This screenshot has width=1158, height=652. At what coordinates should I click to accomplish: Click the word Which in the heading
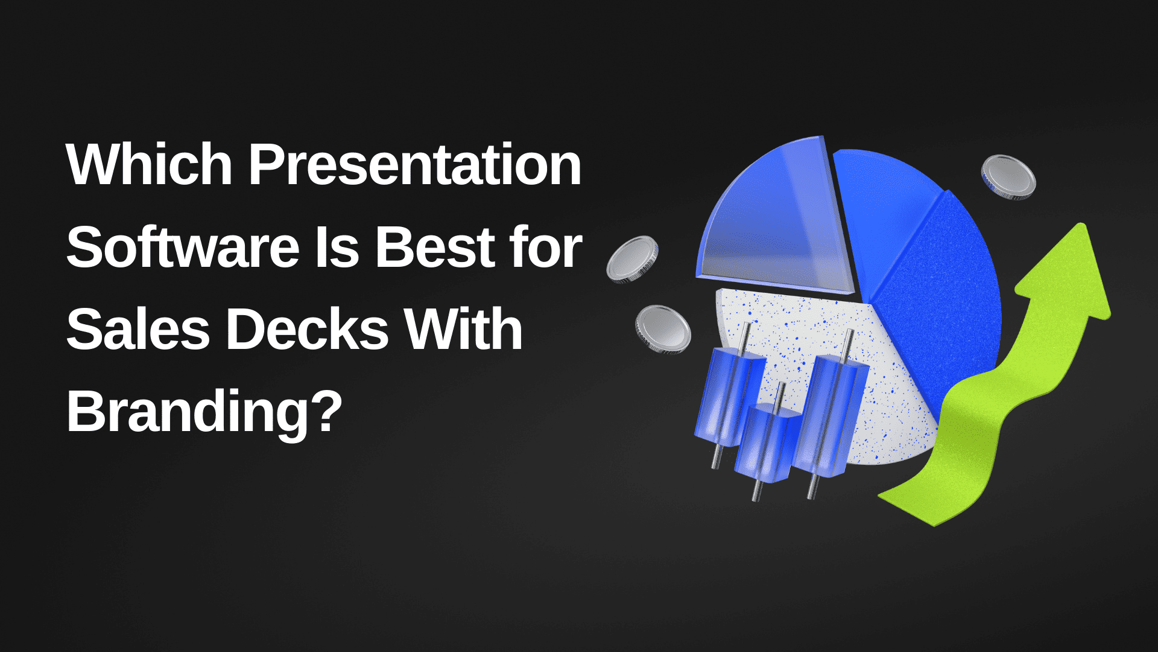point(149,164)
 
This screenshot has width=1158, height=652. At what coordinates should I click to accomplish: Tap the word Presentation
point(415,164)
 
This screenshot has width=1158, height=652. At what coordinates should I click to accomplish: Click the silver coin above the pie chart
point(1008,177)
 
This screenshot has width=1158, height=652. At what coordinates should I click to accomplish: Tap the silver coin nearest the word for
point(632,258)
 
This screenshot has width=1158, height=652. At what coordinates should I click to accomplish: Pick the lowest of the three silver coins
point(663,329)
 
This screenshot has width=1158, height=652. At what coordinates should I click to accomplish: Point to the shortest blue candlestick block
point(766,441)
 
